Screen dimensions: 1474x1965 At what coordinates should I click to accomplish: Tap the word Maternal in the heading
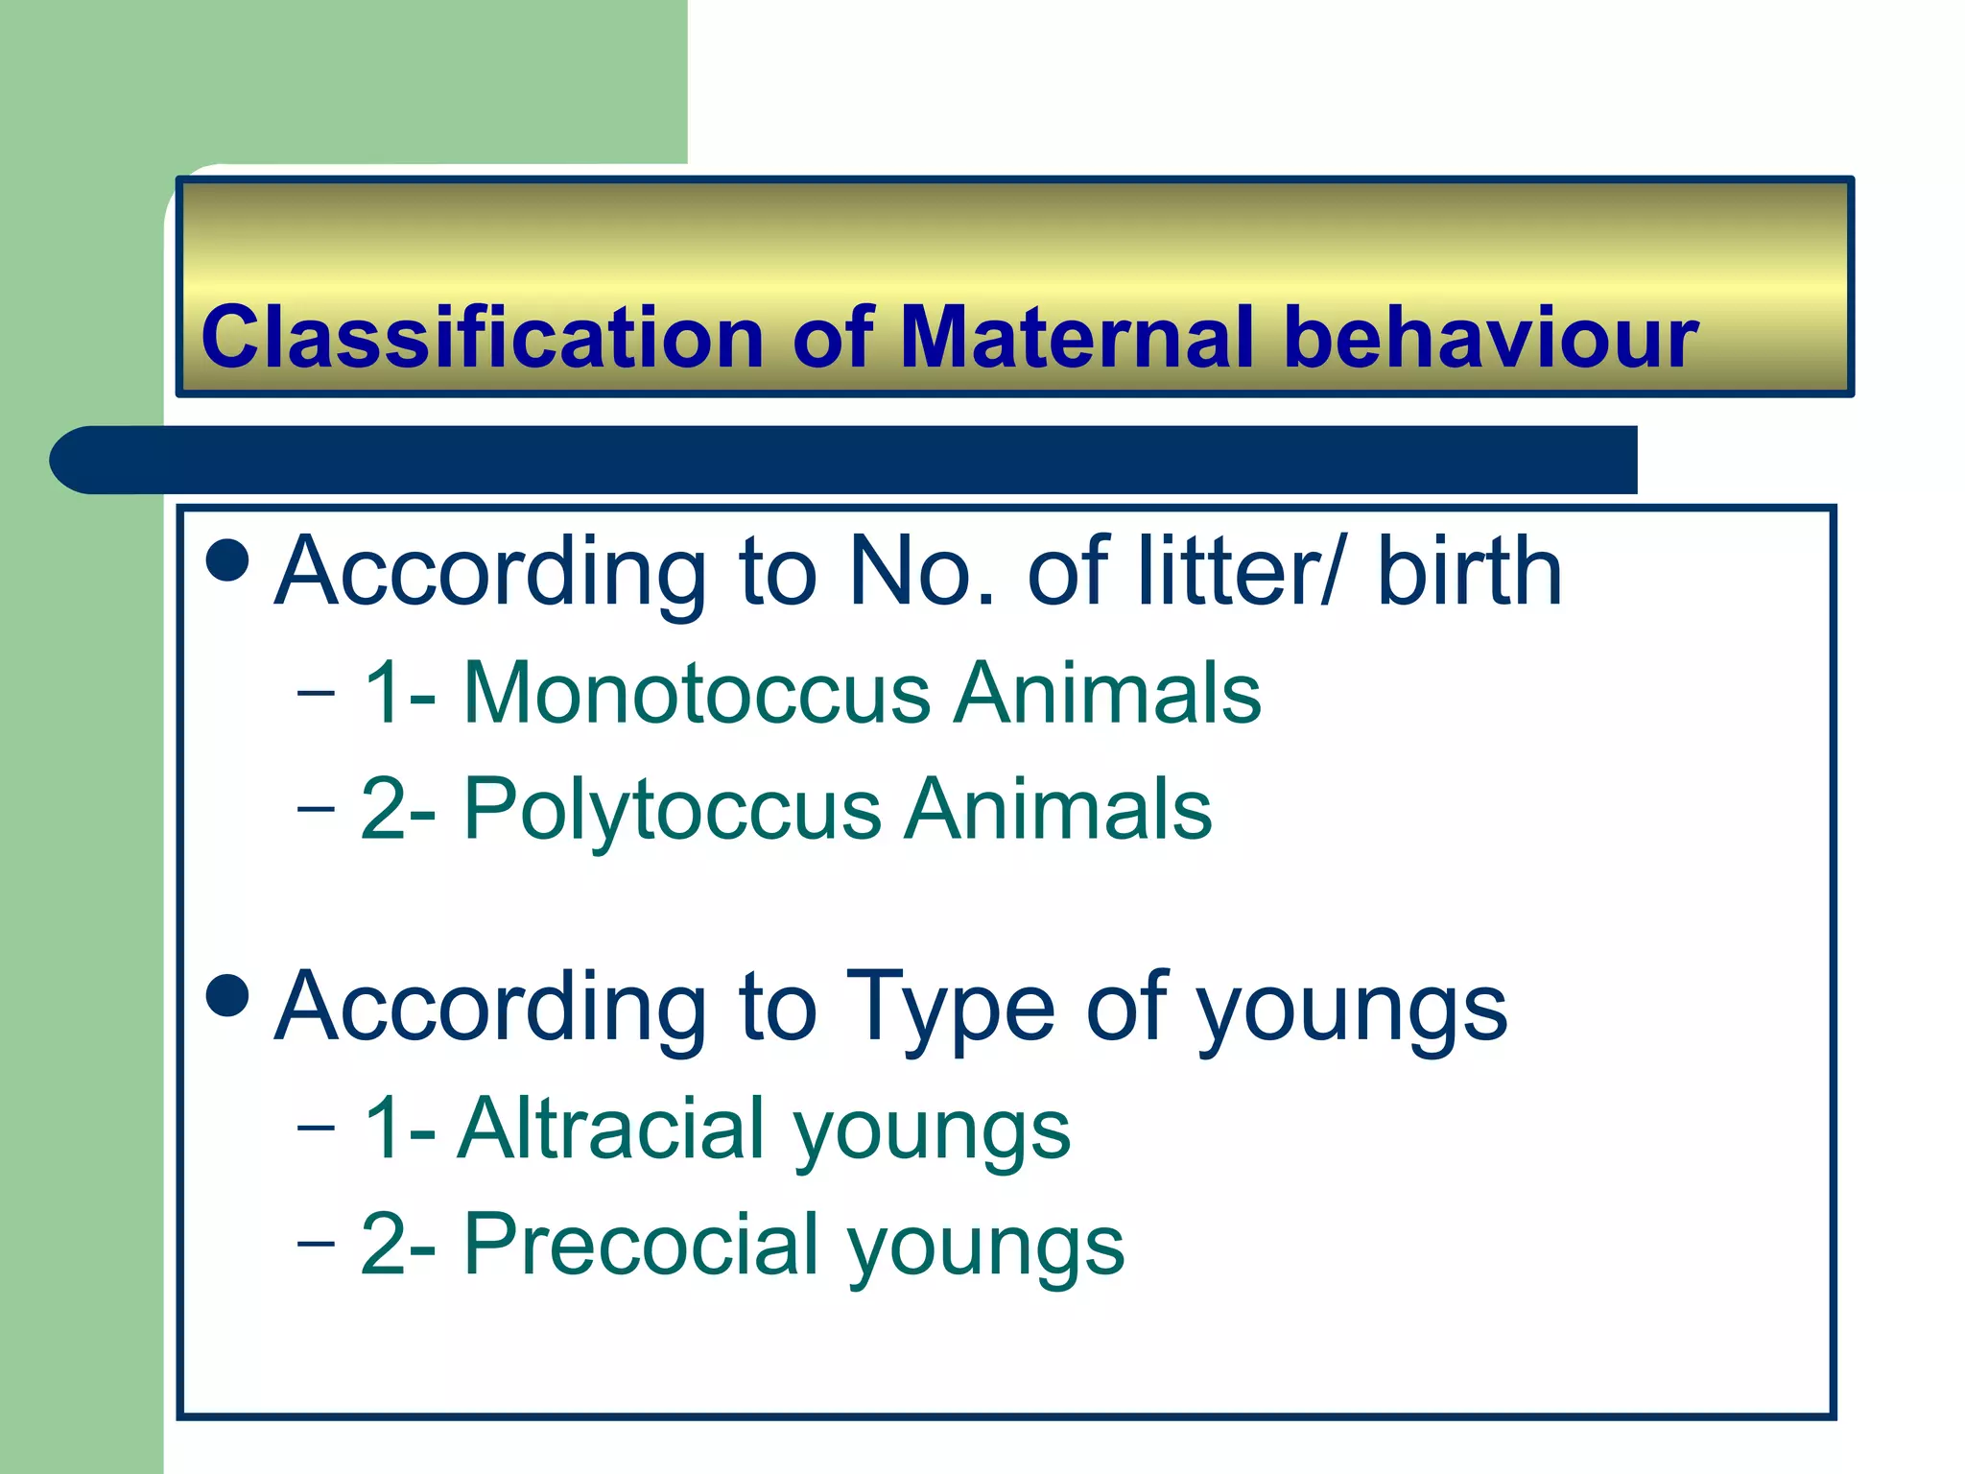point(1077,338)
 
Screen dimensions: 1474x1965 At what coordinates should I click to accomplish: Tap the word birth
point(1469,572)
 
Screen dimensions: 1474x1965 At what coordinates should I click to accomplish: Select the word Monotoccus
point(696,693)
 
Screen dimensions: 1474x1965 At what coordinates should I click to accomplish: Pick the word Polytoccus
point(672,809)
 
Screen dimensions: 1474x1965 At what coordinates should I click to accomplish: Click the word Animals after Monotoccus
point(1108,693)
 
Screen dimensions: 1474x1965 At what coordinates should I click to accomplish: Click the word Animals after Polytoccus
point(1059,809)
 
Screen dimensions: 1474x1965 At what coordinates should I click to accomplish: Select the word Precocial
point(641,1245)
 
